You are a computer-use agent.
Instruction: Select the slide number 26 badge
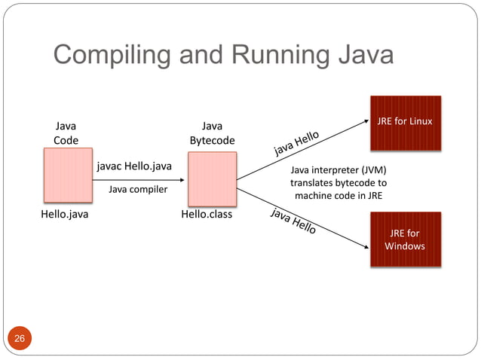click(20, 339)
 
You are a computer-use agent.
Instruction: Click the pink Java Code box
click(68, 176)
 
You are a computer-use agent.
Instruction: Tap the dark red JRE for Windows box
click(404, 239)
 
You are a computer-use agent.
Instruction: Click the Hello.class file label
click(207, 215)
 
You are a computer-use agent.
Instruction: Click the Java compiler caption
click(138, 190)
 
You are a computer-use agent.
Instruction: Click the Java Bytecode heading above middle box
click(212, 133)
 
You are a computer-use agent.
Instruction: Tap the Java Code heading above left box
click(66, 133)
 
